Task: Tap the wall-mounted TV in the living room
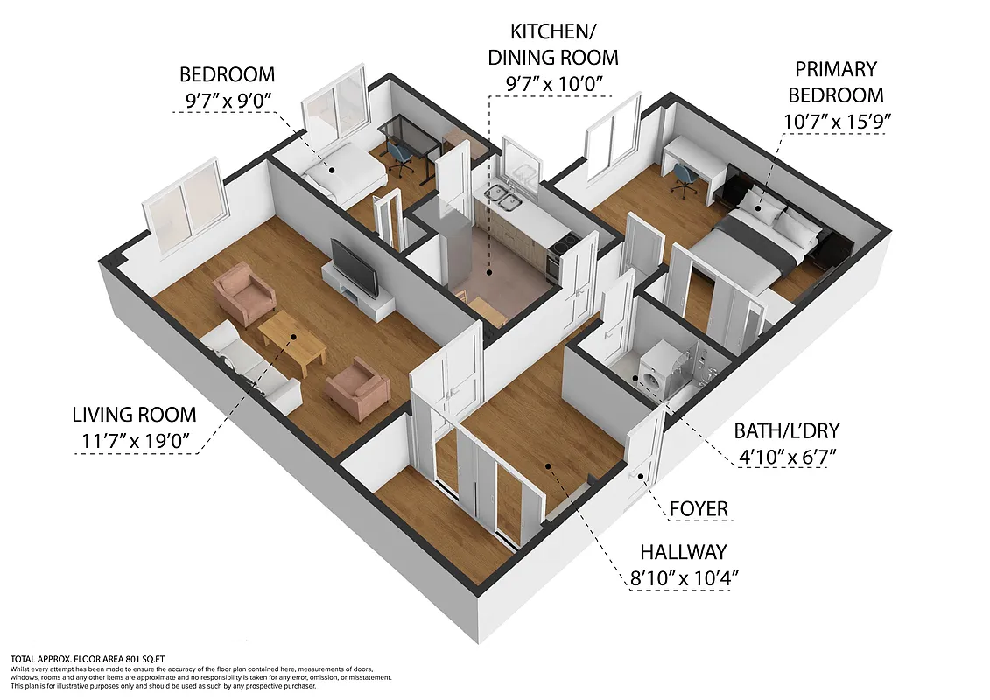coord(355,266)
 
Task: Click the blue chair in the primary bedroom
coord(685,178)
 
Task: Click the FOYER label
coord(698,508)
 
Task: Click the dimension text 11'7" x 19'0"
coord(135,441)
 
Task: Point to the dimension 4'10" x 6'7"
coord(784,457)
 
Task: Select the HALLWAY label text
coord(683,552)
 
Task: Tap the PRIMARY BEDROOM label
coord(836,81)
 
